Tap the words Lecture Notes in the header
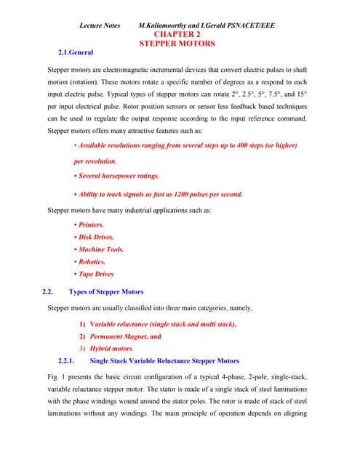click(100, 25)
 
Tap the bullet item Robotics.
click(92, 262)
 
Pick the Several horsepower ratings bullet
click(119, 177)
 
